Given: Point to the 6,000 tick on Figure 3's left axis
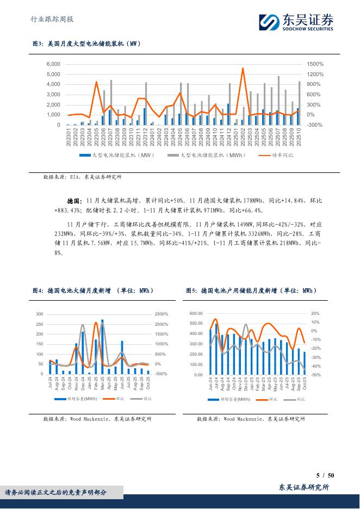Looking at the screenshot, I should point(52,64).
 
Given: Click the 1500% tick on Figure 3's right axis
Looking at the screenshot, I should point(315,64).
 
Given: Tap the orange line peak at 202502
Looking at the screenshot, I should point(243,69).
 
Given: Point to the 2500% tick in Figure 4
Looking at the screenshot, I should point(162,314).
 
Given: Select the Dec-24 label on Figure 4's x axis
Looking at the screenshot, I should point(82,385).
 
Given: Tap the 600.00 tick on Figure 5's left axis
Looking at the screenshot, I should point(196,314).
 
